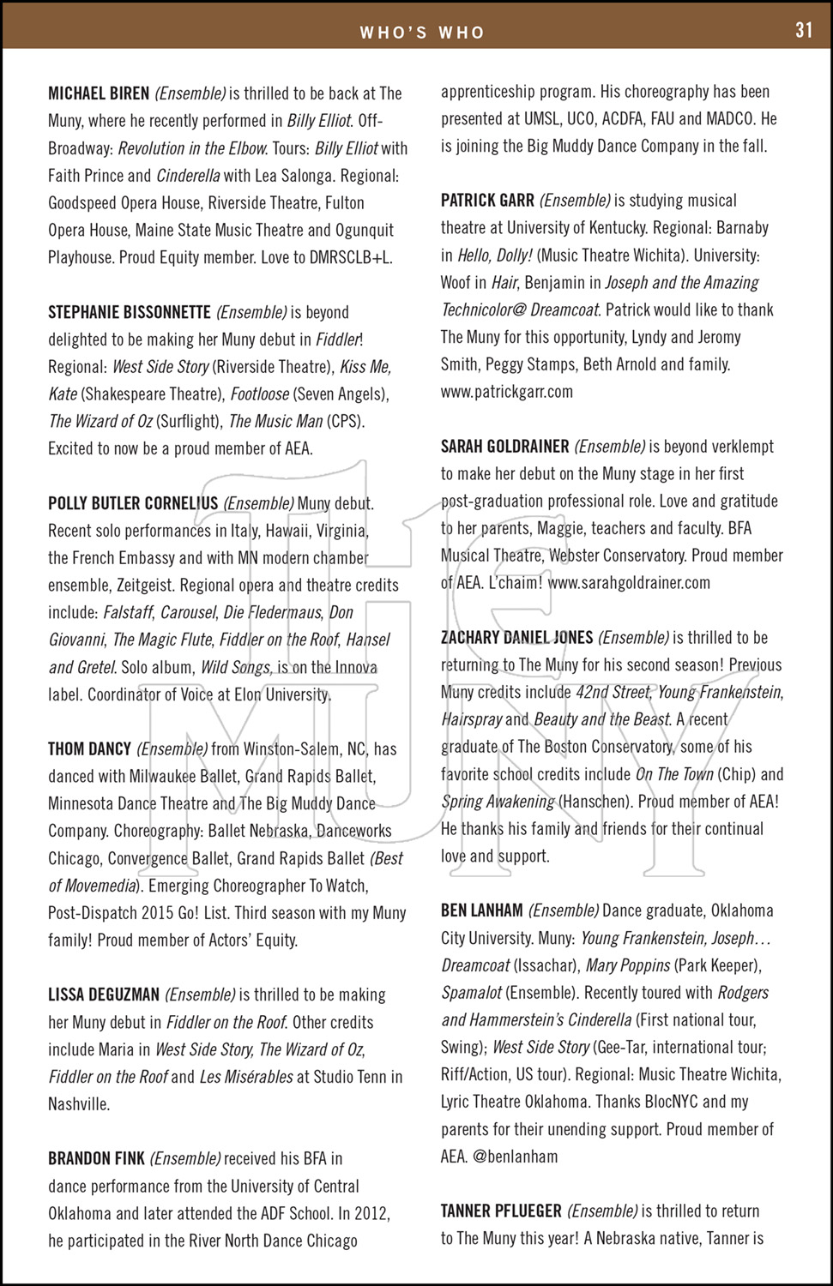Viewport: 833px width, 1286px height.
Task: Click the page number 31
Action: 804,30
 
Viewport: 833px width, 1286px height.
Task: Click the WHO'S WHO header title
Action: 422,33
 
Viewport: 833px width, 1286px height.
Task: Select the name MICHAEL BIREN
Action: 99,93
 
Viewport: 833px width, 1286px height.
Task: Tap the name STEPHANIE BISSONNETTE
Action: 129,312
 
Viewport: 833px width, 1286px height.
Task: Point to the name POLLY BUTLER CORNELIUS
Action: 133,503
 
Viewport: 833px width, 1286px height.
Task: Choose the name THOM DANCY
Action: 89,749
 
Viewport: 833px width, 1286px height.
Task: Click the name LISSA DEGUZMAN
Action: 104,995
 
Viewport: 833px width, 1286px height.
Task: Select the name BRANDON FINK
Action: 96,1159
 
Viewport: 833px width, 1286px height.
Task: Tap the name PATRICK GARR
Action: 487,201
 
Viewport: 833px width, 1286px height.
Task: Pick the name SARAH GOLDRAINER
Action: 504,447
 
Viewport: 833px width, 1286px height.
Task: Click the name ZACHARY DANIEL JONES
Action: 516,638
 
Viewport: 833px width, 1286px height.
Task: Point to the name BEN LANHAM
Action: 481,910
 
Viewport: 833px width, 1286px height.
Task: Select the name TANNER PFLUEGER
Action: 501,1211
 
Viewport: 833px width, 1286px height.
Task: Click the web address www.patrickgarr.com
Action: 507,392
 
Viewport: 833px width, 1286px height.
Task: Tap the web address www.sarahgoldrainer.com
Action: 629,583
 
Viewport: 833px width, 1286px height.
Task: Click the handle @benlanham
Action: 515,1157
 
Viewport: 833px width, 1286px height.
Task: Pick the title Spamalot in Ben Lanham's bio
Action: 472,993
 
